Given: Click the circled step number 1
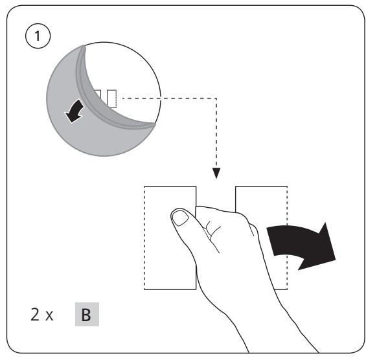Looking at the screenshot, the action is click(x=38, y=36).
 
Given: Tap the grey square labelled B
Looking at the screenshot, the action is click(x=87, y=314).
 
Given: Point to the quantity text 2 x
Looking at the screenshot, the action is click(x=42, y=315).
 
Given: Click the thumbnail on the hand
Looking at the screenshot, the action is click(x=180, y=218).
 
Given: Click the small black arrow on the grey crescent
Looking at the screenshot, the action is click(x=74, y=111).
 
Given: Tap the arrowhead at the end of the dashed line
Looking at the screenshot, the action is click(x=216, y=173).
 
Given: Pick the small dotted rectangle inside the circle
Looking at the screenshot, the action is click(x=112, y=98).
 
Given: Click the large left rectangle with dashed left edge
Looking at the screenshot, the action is click(x=170, y=238).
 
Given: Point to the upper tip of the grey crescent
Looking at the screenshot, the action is click(x=84, y=47).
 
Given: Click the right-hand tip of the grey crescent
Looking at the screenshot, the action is click(x=154, y=125).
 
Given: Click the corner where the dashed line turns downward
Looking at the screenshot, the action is click(x=216, y=98).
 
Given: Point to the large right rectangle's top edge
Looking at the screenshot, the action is click(x=261, y=186).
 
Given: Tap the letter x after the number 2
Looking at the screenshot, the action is click(x=49, y=316).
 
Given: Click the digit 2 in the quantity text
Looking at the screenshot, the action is click(x=35, y=315).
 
